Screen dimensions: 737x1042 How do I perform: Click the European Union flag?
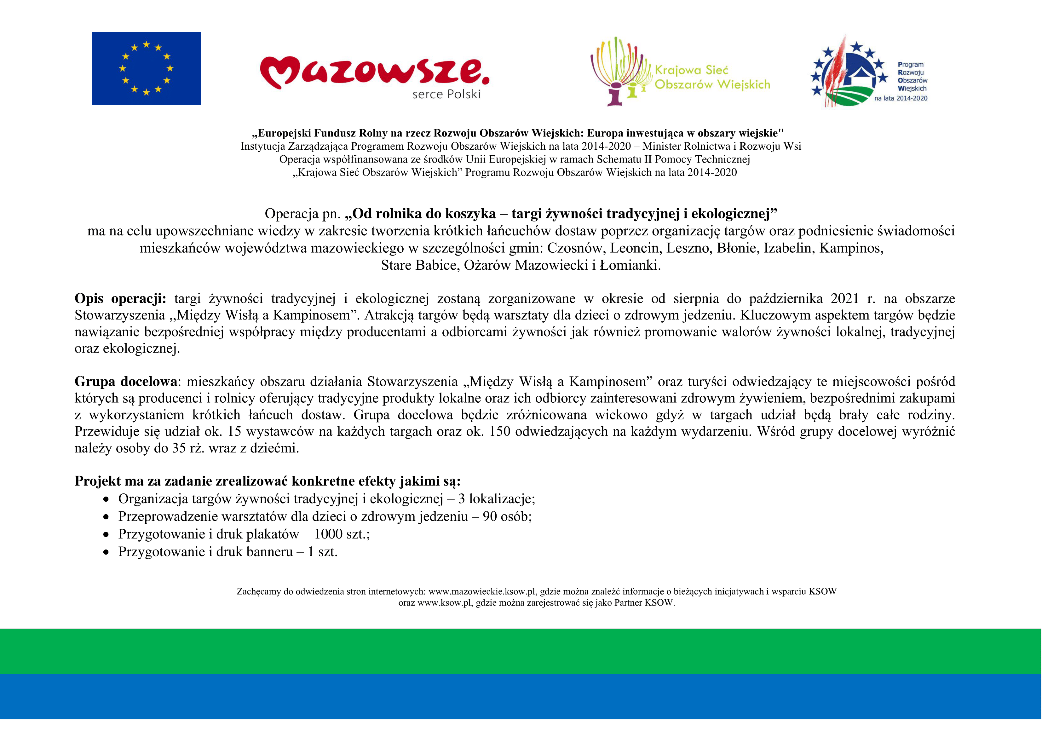[146, 68]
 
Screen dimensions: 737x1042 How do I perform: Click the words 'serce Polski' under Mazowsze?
[446, 95]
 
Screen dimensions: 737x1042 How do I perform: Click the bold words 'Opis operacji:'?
[120, 299]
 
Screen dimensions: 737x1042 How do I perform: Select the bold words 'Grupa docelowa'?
[126, 381]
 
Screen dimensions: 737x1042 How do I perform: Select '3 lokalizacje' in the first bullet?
[496, 499]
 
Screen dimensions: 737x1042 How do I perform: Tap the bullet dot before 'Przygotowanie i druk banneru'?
[106, 553]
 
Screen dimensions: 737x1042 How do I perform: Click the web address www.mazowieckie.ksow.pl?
[482, 592]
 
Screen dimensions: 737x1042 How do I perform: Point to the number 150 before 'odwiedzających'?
[500, 431]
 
